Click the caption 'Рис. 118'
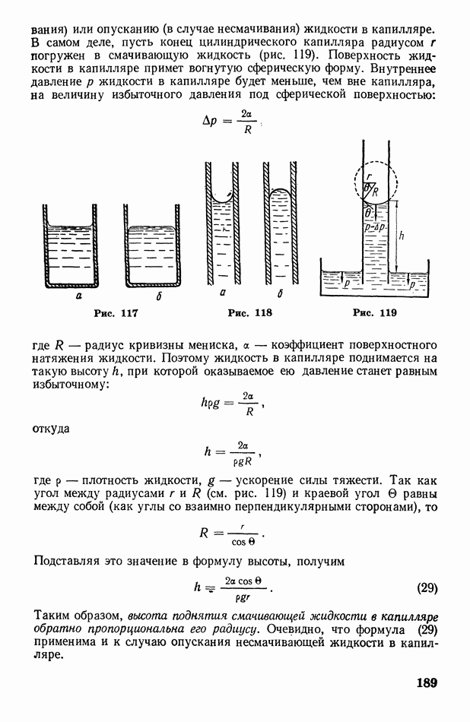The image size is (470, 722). (x=249, y=312)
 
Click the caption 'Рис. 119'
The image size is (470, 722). (x=375, y=312)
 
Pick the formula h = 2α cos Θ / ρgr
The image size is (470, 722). (x=233, y=587)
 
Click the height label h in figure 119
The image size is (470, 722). (x=402, y=236)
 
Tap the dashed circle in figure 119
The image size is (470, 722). (x=376, y=181)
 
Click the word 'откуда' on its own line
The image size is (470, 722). (x=52, y=429)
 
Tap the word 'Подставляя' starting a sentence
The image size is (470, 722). (x=69, y=561)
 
